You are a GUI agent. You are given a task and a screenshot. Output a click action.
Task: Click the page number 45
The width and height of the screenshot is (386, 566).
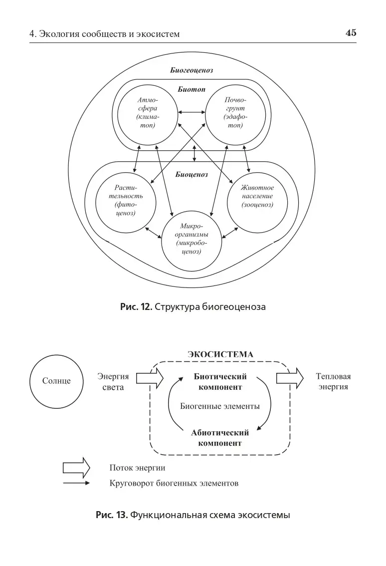click(x=351, y=33)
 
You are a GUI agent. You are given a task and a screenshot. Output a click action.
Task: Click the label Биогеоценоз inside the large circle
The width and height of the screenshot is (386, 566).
click(x=192, y=70)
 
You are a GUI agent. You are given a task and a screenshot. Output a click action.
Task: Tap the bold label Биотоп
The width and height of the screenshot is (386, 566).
click(x=192, y=90)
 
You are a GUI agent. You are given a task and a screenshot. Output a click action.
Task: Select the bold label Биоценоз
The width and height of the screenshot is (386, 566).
click(x=192, y=175)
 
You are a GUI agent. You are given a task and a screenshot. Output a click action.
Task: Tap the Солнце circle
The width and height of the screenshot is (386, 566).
click(x=56, y=381)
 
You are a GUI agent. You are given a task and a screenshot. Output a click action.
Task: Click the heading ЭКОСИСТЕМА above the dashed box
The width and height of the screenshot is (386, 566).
click(x=220, y=354)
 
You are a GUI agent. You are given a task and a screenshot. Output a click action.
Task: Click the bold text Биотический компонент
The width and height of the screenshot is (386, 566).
click(x=220, y=382)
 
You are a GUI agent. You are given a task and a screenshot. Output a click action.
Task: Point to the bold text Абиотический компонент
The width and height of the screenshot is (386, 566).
click(x=220, y=438)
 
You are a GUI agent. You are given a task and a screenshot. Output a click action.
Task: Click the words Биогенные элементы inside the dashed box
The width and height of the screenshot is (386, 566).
click(x=220, y=406)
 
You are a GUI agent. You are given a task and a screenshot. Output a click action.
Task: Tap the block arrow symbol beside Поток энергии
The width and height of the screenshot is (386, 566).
click(x=76, y=468)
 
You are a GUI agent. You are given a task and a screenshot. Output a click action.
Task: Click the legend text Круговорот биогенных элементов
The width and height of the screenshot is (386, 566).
click(x=174, y=483)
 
